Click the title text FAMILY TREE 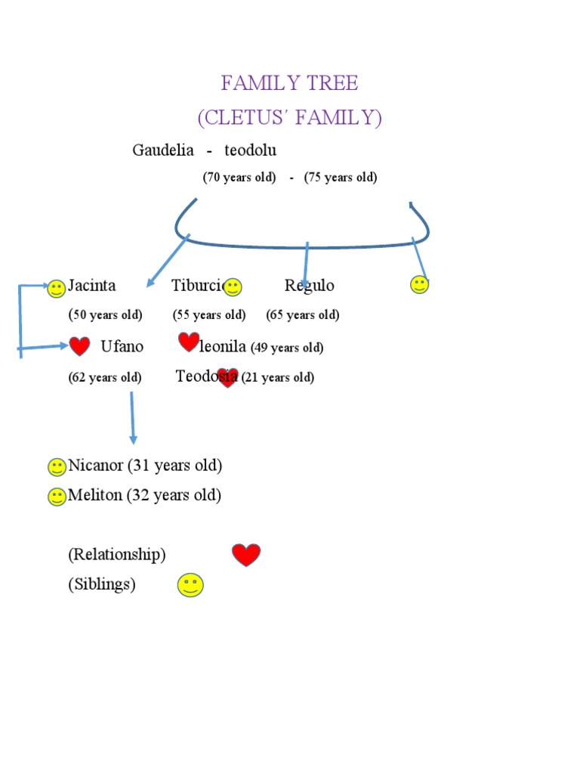point(289,83)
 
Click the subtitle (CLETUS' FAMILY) point(289,118)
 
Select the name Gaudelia point(162,150)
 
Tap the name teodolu point(250,150)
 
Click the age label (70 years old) point(239,178)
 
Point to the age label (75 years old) point(341,178)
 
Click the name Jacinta point(92,286)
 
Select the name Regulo point(309,286)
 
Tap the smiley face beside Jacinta point(56,288)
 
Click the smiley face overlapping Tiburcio point(233,286)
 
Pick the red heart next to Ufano point(79,346)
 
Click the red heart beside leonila point(189,342)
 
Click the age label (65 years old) point(302,315)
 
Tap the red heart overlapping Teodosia point(227,377)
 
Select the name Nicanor point(95,466)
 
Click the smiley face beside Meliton point(56,497)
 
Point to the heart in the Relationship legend point(246,555)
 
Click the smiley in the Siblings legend point(190,585)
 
